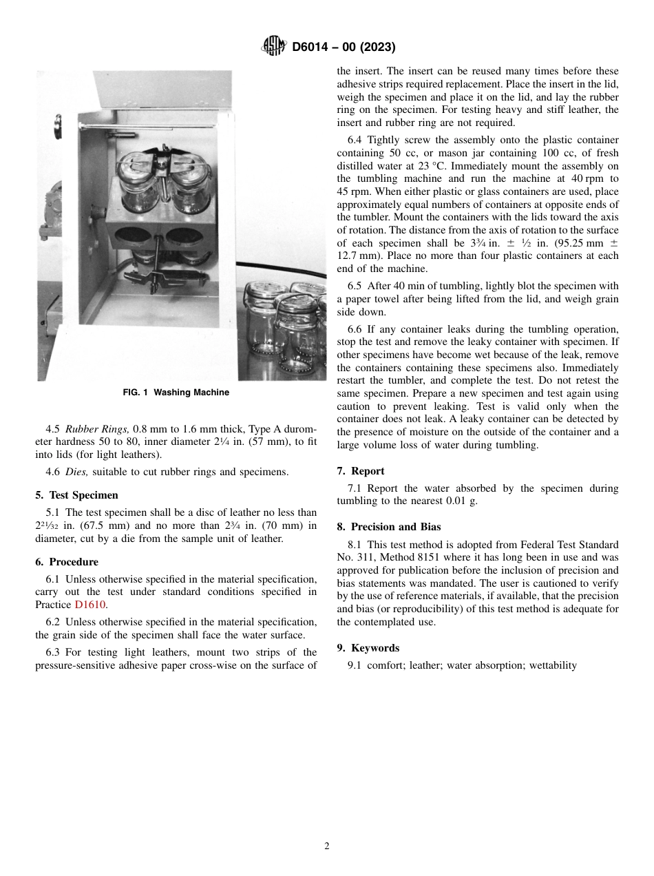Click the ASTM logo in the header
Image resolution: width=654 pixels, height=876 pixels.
tap(274, 47)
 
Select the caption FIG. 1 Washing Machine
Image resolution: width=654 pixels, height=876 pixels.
tap(176, 393)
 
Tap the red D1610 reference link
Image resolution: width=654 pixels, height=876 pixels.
tap(90, 605)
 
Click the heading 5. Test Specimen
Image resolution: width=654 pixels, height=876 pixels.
tap(76, 495)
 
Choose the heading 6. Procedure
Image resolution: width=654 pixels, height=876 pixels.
tap(67, 562)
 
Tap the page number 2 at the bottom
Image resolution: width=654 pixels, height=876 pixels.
tap(327, 846)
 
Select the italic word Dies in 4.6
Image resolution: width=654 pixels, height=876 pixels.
tap(76, 472)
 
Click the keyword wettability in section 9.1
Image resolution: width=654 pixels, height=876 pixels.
tap(553, 665)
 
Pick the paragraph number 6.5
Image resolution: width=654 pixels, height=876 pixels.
tap(355, 286)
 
